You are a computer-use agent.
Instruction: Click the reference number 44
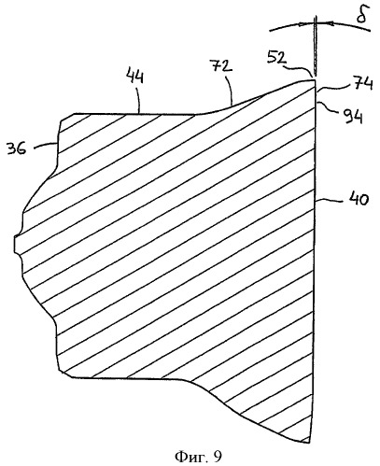pos(135,77)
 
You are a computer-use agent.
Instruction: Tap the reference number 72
pos(222,66)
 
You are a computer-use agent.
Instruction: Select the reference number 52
pos(276,59)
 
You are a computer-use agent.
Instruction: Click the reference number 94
pos(352,117)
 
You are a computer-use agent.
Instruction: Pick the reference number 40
pos(359,200)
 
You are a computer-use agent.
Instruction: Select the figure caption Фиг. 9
pos(199,457)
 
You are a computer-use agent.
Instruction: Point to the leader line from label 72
pos(230,91)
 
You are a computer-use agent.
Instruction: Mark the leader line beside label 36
pos(46,145)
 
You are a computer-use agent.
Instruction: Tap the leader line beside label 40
pos(329,201)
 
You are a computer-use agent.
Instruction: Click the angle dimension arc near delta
pos(319,24)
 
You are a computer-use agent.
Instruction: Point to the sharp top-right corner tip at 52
pos(316,80)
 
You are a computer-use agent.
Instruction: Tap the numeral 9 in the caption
pos(218,457)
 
